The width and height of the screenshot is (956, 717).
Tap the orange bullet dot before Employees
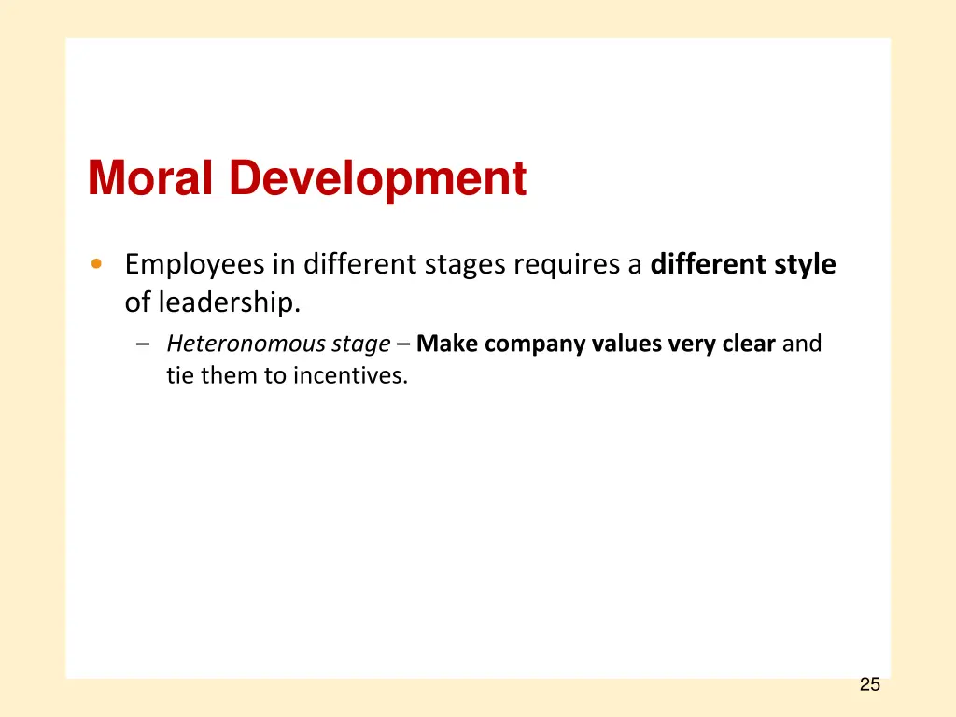click(96, 264)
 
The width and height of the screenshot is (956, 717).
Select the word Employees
click(194, 265)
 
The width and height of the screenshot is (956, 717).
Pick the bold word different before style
click(708, 265)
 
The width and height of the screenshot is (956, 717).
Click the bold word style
click(805, 265)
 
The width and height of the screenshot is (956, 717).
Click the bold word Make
click(447, 344)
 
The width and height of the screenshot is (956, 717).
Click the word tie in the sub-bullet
click(179, 375)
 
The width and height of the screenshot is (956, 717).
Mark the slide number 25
click(869, 685)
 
